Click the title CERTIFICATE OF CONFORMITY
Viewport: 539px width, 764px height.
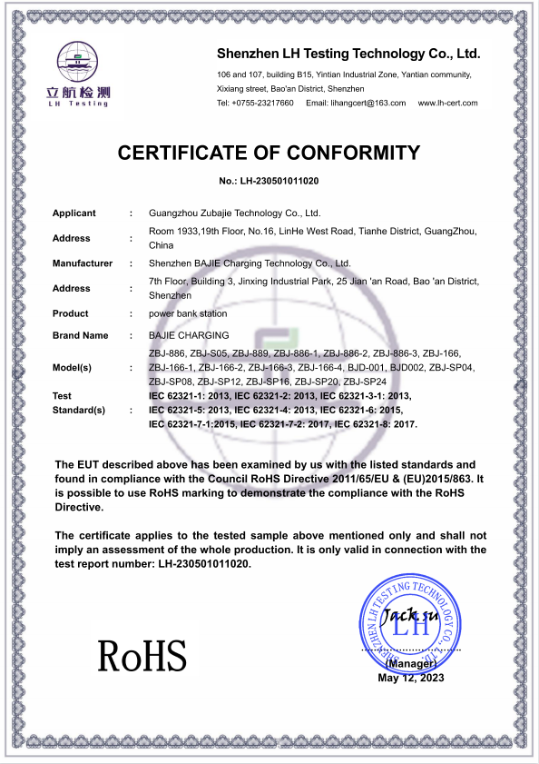pos(269,153)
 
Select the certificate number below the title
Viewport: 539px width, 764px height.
pos(269,182)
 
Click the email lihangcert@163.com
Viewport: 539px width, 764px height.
pos(356,104)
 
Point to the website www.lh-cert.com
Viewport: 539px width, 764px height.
pos(447,104)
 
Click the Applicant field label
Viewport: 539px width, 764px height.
pos(73,213)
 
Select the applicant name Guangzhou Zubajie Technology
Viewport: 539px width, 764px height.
pos(234,213)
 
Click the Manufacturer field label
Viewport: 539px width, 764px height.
pos(83,263)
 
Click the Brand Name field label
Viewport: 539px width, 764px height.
pos(80,335)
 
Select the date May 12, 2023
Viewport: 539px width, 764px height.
pos(411,678)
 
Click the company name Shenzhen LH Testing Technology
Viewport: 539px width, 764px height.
pos(348,54)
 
